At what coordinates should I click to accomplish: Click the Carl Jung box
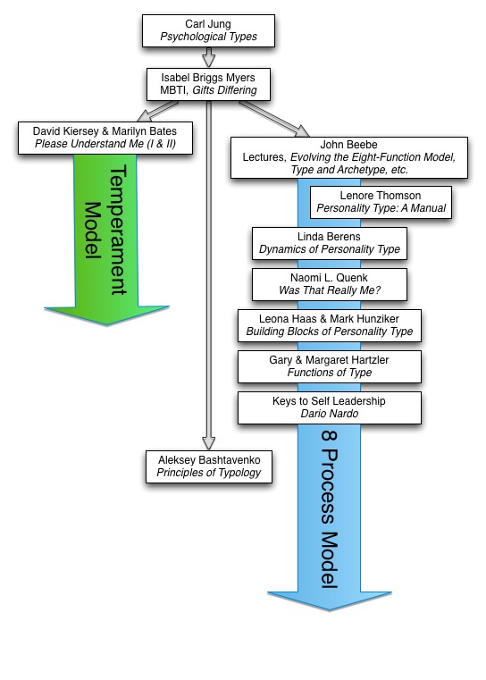(208, 30)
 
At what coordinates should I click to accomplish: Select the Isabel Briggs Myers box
(208, 84)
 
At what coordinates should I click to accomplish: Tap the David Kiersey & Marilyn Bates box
(105, 138)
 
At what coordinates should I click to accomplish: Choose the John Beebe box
(349, 157)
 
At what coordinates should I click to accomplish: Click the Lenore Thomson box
(381, 202)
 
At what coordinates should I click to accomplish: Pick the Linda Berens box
(330, 243)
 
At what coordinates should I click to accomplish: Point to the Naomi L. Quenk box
(330, 284)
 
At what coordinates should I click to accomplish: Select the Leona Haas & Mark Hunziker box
(330, 325)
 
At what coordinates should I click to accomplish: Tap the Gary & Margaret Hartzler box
(330, 367)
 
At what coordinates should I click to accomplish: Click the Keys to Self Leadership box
(330, 407)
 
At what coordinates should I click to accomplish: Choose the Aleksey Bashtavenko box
(209, 466)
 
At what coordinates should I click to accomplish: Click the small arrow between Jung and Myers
(208, 57)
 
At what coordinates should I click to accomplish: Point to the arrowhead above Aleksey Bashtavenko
(208, 443)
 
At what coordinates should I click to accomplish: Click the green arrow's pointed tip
(106, 324)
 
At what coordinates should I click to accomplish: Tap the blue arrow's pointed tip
(330, 609)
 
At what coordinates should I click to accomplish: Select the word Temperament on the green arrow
(118, 230)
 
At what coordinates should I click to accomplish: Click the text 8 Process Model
(330, 509)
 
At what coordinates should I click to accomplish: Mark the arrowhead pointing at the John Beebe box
(302, 130)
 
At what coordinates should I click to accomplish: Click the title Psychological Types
(208, 37)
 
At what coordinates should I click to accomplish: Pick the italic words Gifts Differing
(224, 90)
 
